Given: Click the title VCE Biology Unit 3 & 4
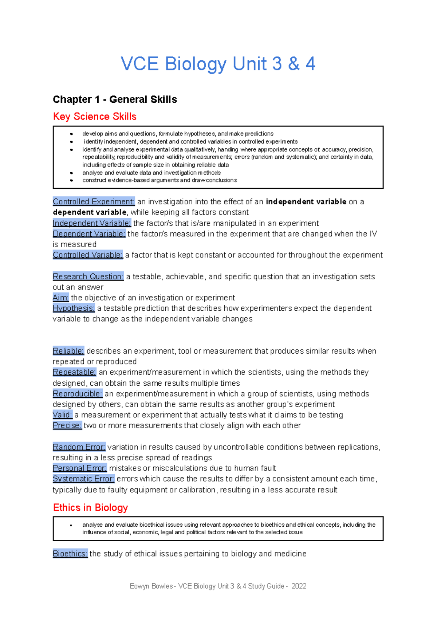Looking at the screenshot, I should pyautogui.click(x=218, y=64).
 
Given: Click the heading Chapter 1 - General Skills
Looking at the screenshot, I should pyautogui.click(x=115, y=99).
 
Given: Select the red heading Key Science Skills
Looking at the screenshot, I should pyautogui.click(x=95, y=117).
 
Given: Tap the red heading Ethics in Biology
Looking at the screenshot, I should pyautogui.click(x=90, y=507).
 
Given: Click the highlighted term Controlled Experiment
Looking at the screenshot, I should pyautogui.click(x=94, y=201).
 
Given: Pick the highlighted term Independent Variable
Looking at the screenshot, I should pyautogui.click(x=92, y=223).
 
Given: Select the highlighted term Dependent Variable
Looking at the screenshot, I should pyautogui.click(x=89, y=233).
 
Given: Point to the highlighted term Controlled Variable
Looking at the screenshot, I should pyautogui.click(x=88, y=255).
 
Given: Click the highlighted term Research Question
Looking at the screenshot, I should pyautogui.click(x=88, y=276).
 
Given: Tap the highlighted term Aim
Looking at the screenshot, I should pyautogui.click(x=60, y=298).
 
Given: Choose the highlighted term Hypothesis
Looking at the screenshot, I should pyautogui.click(x=74, y=308).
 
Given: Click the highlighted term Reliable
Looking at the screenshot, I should pyautogui.click(x=68, y=351).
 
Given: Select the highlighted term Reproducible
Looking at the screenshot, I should pyautogui.click(x=78, y=394).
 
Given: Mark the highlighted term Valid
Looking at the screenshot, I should pyautogui.click(x=62, y=415).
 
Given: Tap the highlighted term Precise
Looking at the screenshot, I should pyautogui.click(x=67, y=425).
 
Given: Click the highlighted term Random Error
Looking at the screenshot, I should pyautogui.click(x=79, y=447).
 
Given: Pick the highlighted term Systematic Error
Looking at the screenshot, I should pyautogui.click(x=83, y=479).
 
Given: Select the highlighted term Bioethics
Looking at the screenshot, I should pyautogui.click(x=70, y=554).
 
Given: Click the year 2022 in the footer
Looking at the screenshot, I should pyautogui.click(x=299, y=586).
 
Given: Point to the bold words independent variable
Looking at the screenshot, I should pyautogui.click(x=306, y=201).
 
